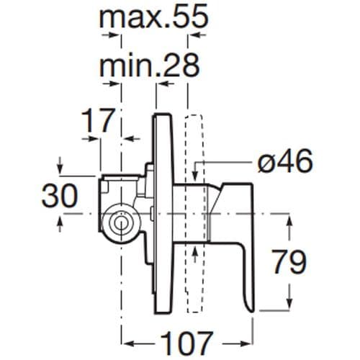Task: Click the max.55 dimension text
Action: (153, 18)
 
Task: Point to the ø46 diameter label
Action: (284, 163)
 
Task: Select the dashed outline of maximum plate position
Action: (193, 216)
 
